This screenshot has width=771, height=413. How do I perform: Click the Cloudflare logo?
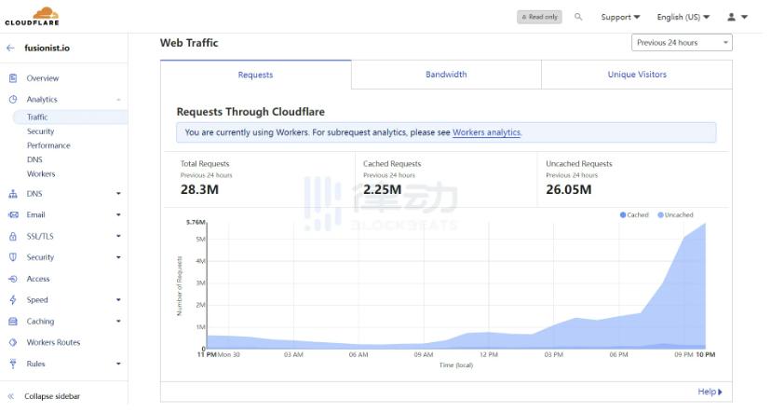[x=32, y=16]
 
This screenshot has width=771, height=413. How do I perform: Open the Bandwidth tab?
[x=446, y=75]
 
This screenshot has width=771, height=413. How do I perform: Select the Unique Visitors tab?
[x=637, y=75]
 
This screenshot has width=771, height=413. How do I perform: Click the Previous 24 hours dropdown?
[x=682, y=43]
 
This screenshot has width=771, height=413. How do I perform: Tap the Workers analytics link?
[x=486, y=132]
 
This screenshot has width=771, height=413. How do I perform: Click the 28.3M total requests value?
[x=198, y=189]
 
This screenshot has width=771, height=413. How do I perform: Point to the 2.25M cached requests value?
[x=382, y=189]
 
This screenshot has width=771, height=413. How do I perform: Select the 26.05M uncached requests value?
[x=569, y=189]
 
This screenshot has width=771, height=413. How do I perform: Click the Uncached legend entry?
[x=677, y=215]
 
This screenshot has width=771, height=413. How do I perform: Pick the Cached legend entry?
[x=635, y=215]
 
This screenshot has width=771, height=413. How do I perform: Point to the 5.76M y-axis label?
[x=196, y=223]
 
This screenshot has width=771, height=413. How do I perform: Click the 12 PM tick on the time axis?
[x=488, y=355]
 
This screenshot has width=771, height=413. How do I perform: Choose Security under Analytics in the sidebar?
[x=40, y=131]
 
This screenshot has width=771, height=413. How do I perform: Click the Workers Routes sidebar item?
[x=53, y=342]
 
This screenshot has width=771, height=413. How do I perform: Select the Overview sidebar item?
[x=42, y=78]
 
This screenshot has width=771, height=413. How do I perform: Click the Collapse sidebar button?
[x=51, y=396]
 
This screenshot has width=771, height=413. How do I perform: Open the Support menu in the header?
[x=620, y=17]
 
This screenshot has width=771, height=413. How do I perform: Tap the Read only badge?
[x=539, y=17]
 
